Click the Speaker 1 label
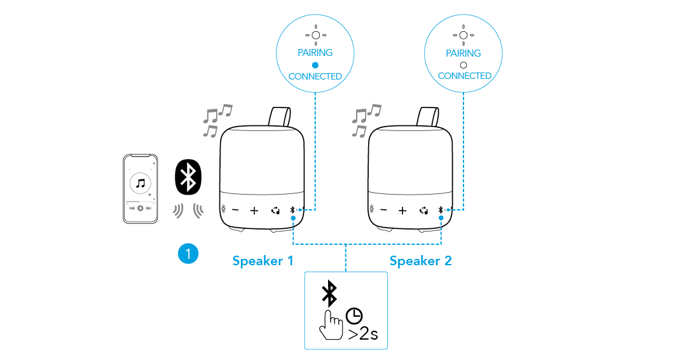[263, 261]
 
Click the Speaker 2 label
[420, 261]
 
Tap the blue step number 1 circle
[188, 254]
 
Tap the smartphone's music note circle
[141, 183]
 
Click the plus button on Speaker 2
[402, 211]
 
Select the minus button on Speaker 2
[383, 211]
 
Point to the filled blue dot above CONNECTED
[315, 65]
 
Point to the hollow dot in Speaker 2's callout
[463, 65]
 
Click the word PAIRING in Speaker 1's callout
[315, 53]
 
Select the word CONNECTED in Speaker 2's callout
[464, 76]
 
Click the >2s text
[362, 333]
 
